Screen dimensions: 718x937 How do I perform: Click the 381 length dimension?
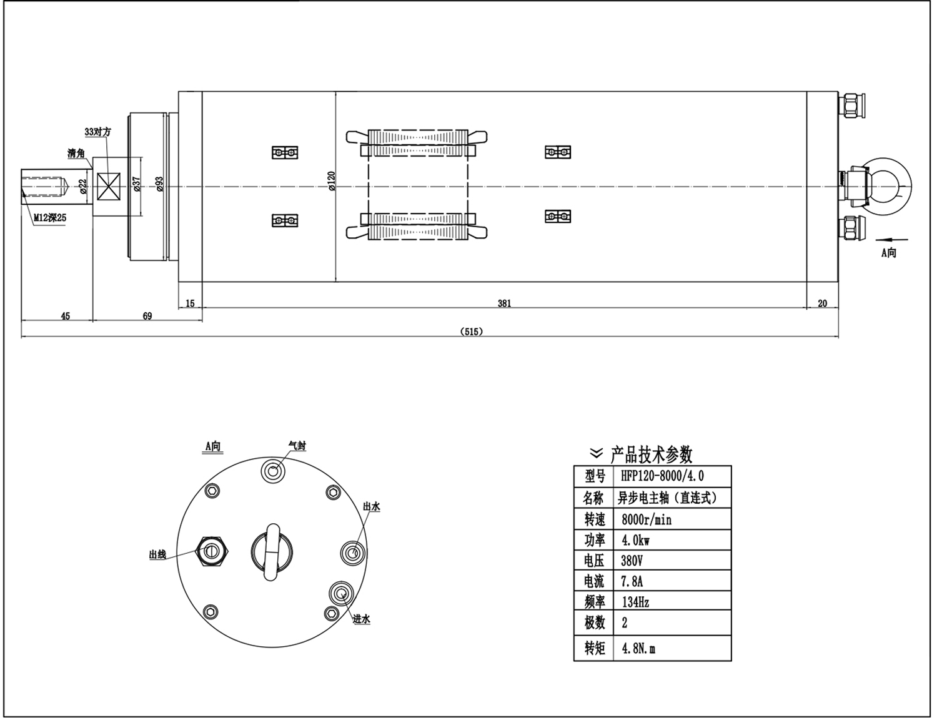(504, 303)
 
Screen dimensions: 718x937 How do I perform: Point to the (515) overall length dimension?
(471, 332)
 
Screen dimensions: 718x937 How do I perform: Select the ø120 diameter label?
(331, 182)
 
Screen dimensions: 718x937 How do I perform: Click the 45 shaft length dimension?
(66, 316)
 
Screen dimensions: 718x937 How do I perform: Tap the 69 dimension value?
(147, 316)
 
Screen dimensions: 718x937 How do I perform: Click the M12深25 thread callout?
(50, 218)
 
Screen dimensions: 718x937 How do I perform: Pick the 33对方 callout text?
(97, 132)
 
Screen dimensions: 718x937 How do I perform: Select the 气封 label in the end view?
(297, 446)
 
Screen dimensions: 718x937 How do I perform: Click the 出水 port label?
(372, 506)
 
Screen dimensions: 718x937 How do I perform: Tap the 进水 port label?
(362, 619)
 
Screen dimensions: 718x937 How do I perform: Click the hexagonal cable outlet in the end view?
(212, 551)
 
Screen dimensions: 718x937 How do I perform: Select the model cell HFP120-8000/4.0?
(663, 476)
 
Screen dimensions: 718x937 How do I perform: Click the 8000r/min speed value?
(647, 519)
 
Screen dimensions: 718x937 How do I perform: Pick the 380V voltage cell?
(632, 560)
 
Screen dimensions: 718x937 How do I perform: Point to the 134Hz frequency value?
(635, 602)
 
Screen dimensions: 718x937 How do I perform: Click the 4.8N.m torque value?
(638, 649)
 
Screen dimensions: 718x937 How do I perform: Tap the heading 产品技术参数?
(651, 454)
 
